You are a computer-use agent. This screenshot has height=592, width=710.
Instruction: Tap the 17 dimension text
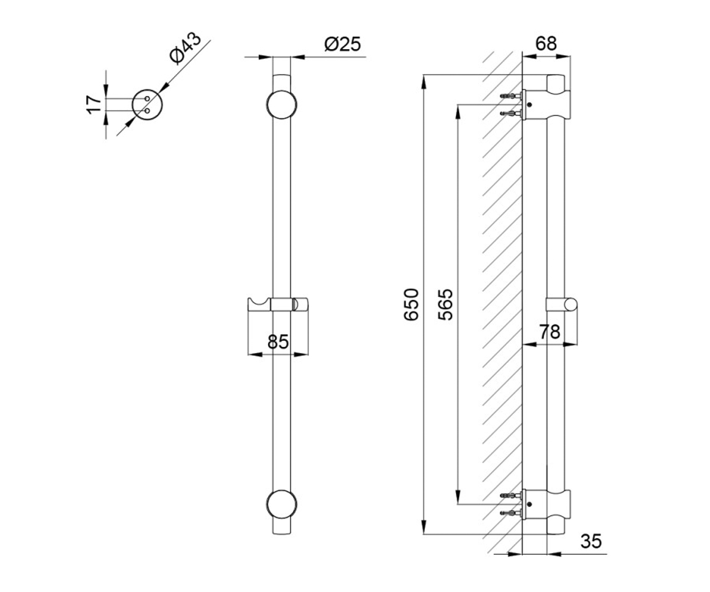coord(93,104)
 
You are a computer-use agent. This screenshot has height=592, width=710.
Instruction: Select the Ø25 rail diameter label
coord(343,44)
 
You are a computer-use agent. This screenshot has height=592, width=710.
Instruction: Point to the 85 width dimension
coord(278,342)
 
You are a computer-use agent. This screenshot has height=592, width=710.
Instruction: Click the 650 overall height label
coord(411,304)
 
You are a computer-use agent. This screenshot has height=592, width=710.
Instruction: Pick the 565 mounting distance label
coord(445,304)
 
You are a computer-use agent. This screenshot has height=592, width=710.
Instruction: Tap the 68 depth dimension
coord(546,44)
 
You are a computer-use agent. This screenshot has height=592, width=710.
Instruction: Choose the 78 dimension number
coord(550,332)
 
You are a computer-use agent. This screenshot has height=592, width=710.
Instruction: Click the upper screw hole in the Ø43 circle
coord(147,99)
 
